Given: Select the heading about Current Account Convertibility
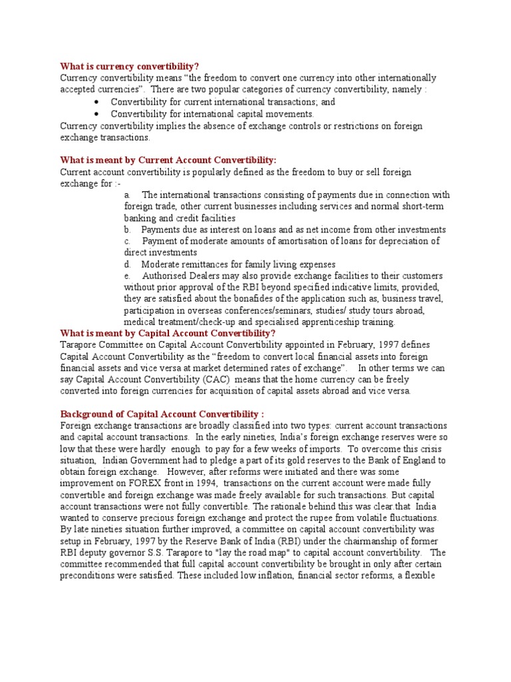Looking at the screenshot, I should coord(168,160).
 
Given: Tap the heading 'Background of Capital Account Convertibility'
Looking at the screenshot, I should coord(162,413).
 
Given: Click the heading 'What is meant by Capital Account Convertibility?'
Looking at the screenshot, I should coord(168,333).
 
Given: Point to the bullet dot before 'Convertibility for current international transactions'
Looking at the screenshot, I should coord(97,102).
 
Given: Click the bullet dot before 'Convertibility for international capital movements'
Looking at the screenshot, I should coord(97,114).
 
